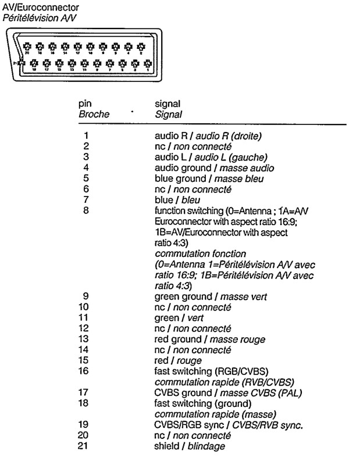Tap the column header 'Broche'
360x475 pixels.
click(94, 115)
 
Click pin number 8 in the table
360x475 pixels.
click(85, 210)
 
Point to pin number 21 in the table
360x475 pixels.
click(85, 446)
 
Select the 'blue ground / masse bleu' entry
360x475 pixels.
click(209, 178)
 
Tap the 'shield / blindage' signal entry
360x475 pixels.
click(189, 446)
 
